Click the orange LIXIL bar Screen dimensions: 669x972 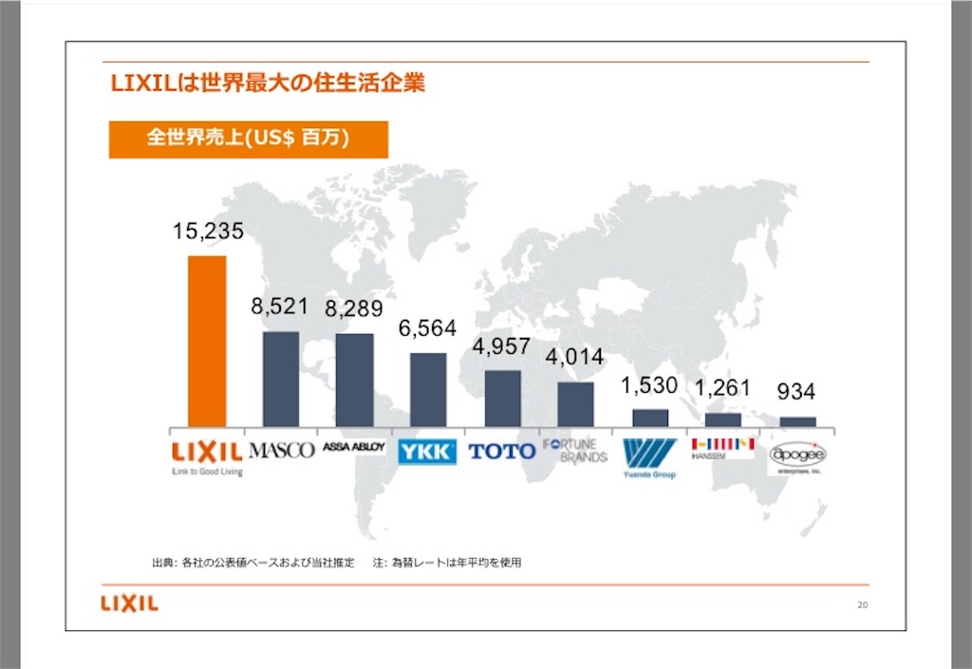coord(207,342)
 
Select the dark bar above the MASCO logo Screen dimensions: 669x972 coord(280,379)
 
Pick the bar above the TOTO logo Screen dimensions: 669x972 coord(502,398)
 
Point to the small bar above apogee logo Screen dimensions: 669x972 coord(797,421)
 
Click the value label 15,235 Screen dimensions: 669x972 coord(208,231)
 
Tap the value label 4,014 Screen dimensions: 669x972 coord(576,358)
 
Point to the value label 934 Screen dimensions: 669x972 coord(795,391)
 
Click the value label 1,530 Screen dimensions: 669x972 coord(649,386)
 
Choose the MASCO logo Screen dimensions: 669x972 coord(280,450)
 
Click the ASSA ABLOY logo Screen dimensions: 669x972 coord(353,446)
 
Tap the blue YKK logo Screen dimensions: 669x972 coord(426,452)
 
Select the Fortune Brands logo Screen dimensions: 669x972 coord(575,450)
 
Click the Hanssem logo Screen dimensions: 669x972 coord(722,447)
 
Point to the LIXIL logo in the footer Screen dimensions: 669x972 coord(129,604)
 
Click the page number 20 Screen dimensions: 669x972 coord(862,605)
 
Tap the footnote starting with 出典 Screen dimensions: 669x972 coord(337,563)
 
